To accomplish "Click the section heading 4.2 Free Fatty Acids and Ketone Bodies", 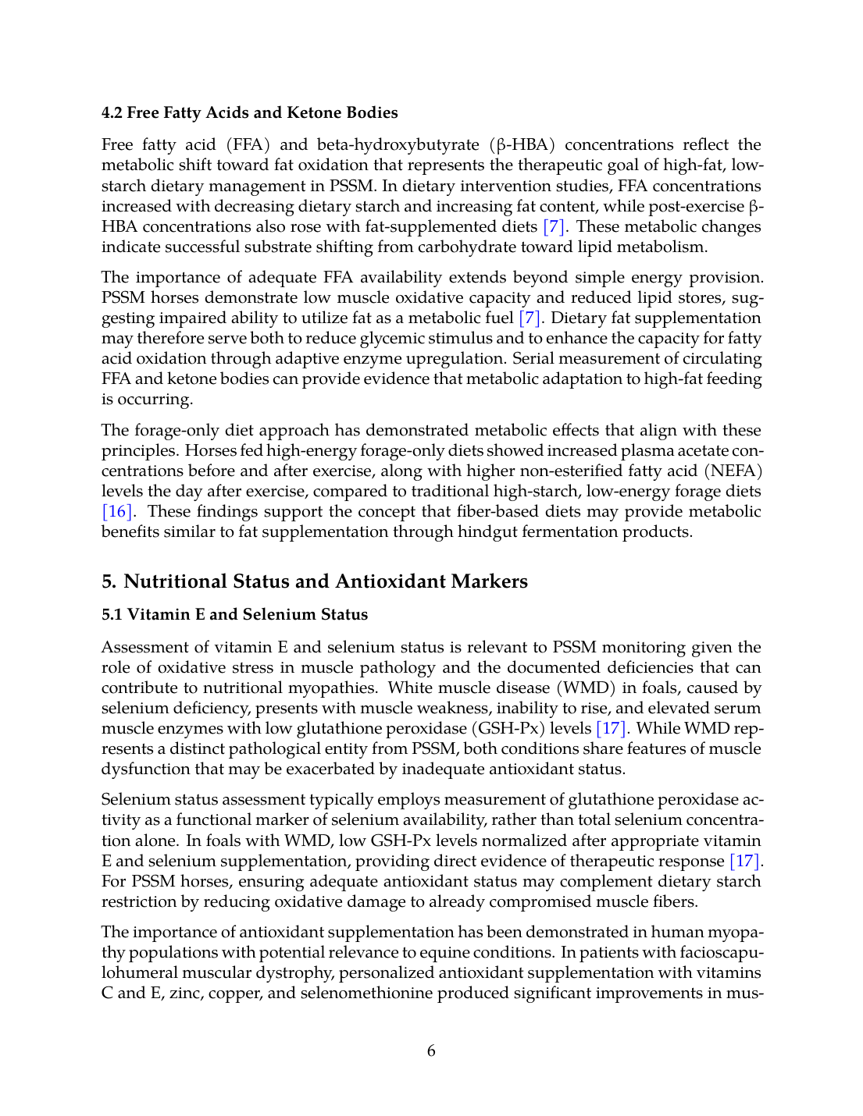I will click(x=249, y=112).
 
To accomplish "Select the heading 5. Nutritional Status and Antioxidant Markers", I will click(x=314, y=581).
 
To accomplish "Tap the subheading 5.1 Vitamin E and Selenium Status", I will click(x=234, y=614).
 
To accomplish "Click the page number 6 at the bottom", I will click(x=431, y=1051).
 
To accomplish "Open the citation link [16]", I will click(x=117, y=511).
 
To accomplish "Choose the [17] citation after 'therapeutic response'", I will click(x=745, y=861).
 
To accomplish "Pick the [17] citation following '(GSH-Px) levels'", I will click(x=611, y=728).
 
